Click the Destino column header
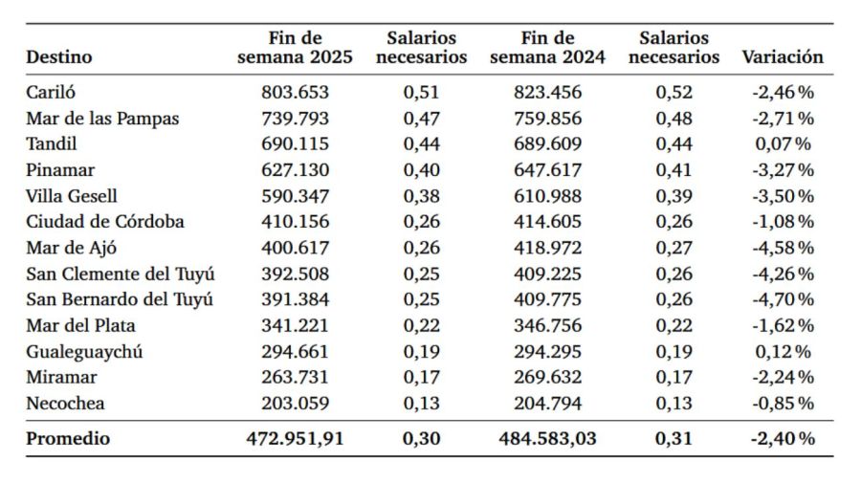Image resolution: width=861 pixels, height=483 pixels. tap(59, 56)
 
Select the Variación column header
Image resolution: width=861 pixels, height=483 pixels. tap(782, 56)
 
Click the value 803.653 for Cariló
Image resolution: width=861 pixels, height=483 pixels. tap(295, 93)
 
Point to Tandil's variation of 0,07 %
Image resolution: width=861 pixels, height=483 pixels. tap(782, 144)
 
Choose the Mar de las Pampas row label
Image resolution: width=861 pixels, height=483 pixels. tap(102, 119)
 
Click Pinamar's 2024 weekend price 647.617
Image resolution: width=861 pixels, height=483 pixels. tap(547, 170)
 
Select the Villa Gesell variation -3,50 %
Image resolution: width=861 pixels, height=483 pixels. tap(782, 196)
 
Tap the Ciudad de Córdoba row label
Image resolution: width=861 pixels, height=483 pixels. tap(105, 222)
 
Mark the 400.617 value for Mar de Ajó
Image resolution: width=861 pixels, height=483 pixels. tap(295, 248)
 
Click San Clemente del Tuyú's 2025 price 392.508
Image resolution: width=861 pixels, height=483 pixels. tap(295, 274)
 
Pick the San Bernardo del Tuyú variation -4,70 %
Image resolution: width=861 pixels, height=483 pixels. tap(782, 299)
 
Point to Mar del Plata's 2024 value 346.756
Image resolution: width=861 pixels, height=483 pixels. tap(547, 325)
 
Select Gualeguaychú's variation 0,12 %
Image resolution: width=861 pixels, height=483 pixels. tap(782, 351)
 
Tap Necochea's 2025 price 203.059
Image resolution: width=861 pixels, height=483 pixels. tap(295, 403)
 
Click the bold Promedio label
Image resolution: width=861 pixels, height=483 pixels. tap(68, 439)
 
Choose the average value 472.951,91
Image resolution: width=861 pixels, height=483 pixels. tap(295, 439)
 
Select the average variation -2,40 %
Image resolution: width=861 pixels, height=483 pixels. tap(782, 439)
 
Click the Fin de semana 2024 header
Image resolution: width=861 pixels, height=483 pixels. tap(547, 48)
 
